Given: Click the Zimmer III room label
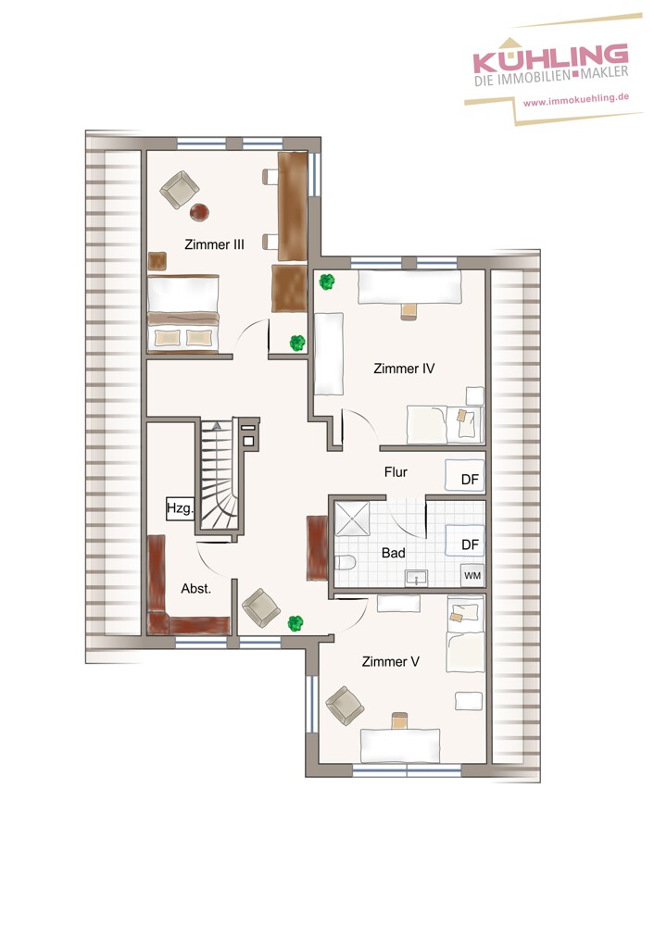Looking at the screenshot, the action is coord(214,244).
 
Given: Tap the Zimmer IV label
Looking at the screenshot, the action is coord(404,369).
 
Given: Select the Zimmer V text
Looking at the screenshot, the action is coord(391,661).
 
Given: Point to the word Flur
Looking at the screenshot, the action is coord(396,472).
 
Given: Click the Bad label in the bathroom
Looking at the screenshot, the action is coord(393,553).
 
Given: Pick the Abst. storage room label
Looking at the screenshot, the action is coord(195,588).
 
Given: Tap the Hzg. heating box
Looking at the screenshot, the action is coord(180,507).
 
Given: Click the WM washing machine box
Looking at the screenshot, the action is coord(472,575).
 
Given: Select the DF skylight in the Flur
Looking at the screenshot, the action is coord(465,476).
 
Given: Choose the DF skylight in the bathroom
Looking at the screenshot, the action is coord(465,541).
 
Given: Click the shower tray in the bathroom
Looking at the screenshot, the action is coord(352,519).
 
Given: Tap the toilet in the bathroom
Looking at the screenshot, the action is coord(345,562).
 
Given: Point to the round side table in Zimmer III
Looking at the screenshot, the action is coord(199,212).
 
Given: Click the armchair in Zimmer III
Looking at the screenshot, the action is coord(179,190).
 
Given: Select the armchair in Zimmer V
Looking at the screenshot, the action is coord(345,705).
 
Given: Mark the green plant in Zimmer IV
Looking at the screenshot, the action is coord(327,282).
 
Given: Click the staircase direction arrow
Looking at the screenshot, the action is coord(217,425).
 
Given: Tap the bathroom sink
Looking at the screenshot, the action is coord(417,578).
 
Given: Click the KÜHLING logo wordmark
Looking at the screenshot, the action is coord(550,57).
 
